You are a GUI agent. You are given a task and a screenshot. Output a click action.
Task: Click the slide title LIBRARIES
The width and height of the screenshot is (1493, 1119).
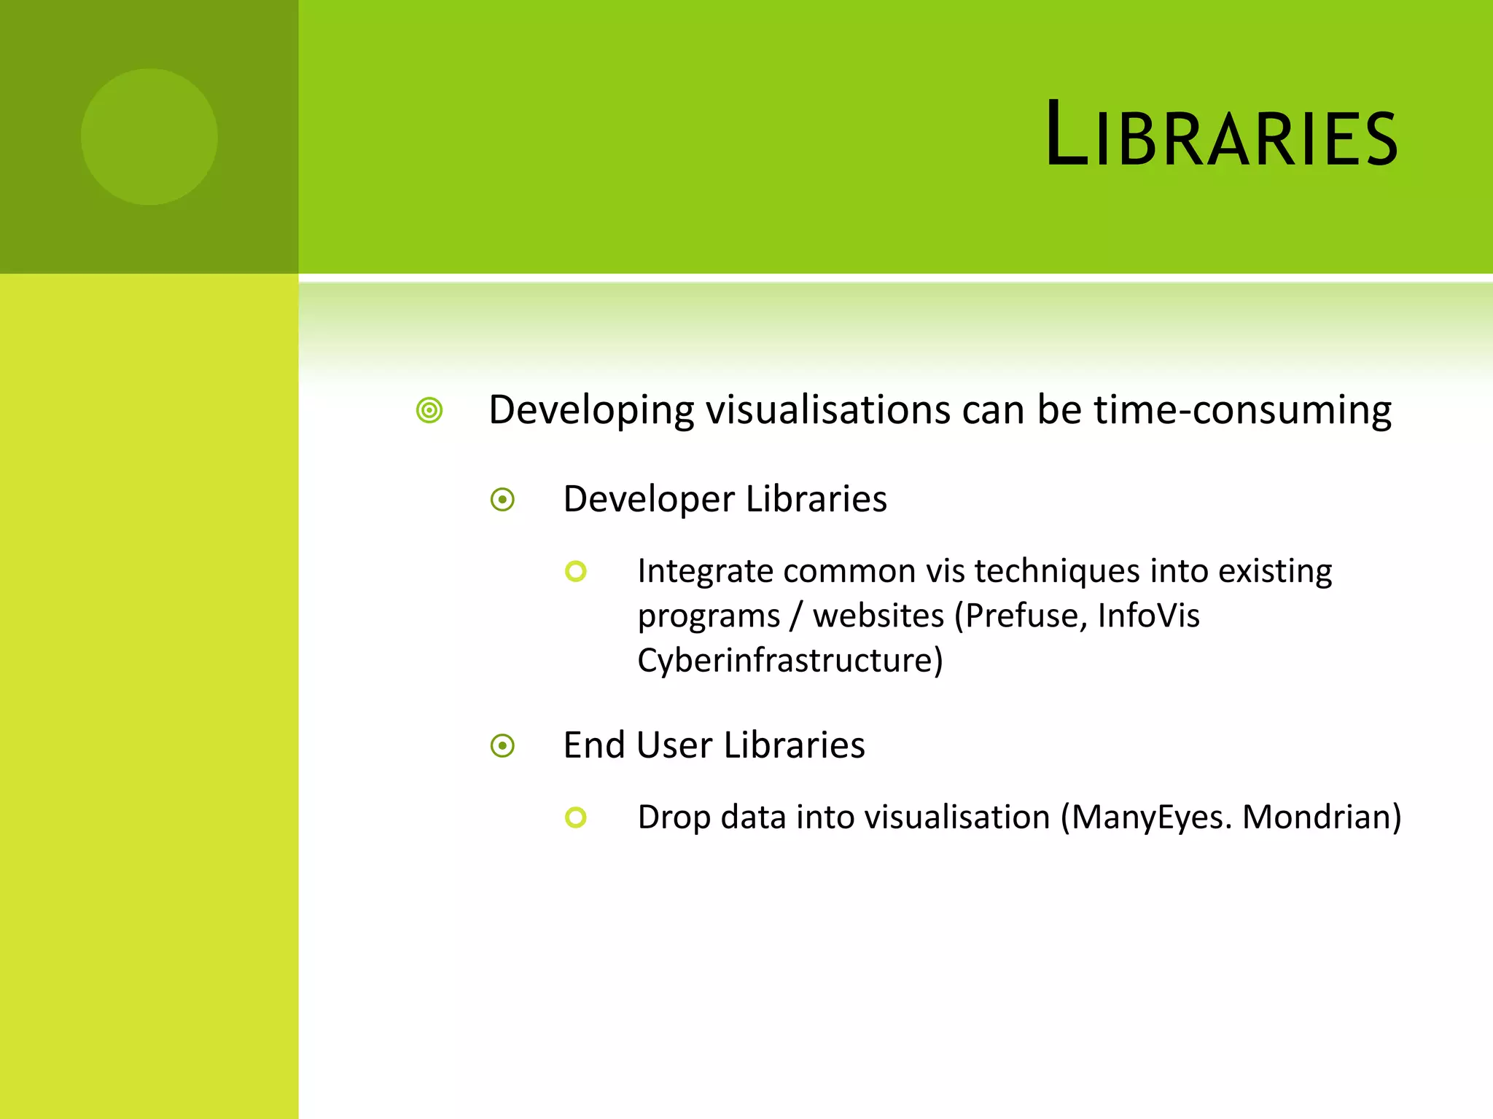[x=1221, y=135]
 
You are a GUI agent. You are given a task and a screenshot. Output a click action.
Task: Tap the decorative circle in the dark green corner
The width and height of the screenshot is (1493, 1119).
[x=149, y=137]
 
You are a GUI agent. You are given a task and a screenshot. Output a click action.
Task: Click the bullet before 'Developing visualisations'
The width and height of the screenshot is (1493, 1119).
[x=429, y=410]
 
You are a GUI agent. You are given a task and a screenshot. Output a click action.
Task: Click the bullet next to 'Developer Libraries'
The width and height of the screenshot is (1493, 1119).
[x=502, y=500]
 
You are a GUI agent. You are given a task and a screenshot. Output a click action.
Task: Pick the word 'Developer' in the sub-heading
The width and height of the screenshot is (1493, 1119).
[x=649, y=500]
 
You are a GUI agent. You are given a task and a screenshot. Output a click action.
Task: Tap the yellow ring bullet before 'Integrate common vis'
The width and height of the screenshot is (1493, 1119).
[x=575, y=571]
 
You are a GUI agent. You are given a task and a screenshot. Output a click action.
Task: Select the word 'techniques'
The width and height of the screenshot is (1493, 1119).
[x=1056, y=570]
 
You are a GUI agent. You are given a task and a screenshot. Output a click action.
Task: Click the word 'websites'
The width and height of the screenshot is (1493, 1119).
[x=878, y=616]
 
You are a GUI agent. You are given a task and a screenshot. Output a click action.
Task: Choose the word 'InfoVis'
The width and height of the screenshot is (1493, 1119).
[x=1148, y=616]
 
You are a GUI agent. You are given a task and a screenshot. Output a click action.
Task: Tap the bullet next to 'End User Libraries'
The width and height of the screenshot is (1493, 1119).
[x=502, y=746]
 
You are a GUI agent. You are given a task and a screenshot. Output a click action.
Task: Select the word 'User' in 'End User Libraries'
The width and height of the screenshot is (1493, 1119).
[x=674, y=745]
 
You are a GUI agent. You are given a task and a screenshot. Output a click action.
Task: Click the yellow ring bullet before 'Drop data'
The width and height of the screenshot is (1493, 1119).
[x=575, y=817]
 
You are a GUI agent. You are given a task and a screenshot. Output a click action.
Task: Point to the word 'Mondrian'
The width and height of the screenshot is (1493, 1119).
[x=1317, y=817]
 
